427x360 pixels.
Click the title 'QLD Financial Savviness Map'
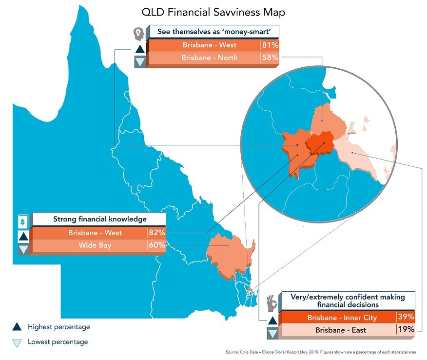point(213,12)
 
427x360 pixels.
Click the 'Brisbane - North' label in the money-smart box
point(209,58)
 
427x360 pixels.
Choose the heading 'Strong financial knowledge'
point(99,220)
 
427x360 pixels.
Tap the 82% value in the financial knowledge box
point(157,233)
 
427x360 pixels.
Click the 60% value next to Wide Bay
point(157,245)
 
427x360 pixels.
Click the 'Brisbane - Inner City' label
point(342,318)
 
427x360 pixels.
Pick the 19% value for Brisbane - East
point(406,330)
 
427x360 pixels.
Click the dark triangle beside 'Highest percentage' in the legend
point(17,327)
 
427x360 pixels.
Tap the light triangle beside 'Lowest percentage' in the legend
point(17,342)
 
